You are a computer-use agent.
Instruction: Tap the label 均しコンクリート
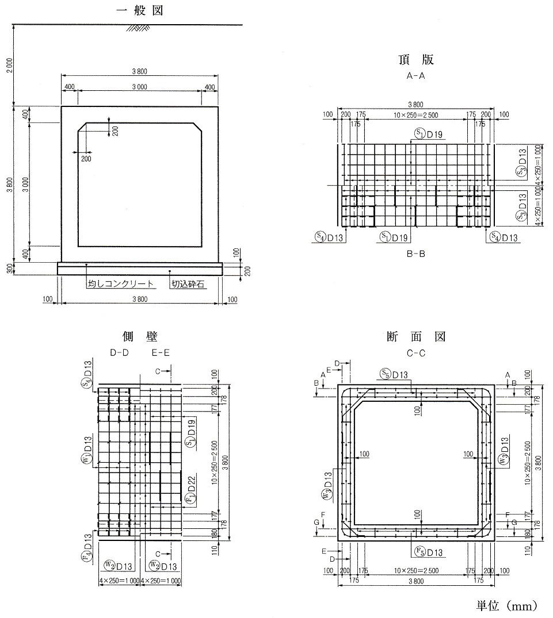pos(121,284)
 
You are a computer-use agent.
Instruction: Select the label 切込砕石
pos(188,284)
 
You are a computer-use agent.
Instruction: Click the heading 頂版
pos(415,60)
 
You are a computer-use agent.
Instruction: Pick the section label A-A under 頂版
pos(415,75)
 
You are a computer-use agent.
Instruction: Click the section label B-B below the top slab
pos(415,253)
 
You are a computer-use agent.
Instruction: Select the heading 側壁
pos(139,337)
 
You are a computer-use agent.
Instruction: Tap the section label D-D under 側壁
pos(119,353)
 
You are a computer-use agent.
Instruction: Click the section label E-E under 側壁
pos(161,353)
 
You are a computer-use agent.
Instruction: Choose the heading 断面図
pos(416,337)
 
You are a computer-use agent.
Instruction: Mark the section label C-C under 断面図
pos(416,353)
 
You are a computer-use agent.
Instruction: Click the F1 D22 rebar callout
pos(190,490)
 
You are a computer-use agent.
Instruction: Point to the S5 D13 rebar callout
pos(394,374)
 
